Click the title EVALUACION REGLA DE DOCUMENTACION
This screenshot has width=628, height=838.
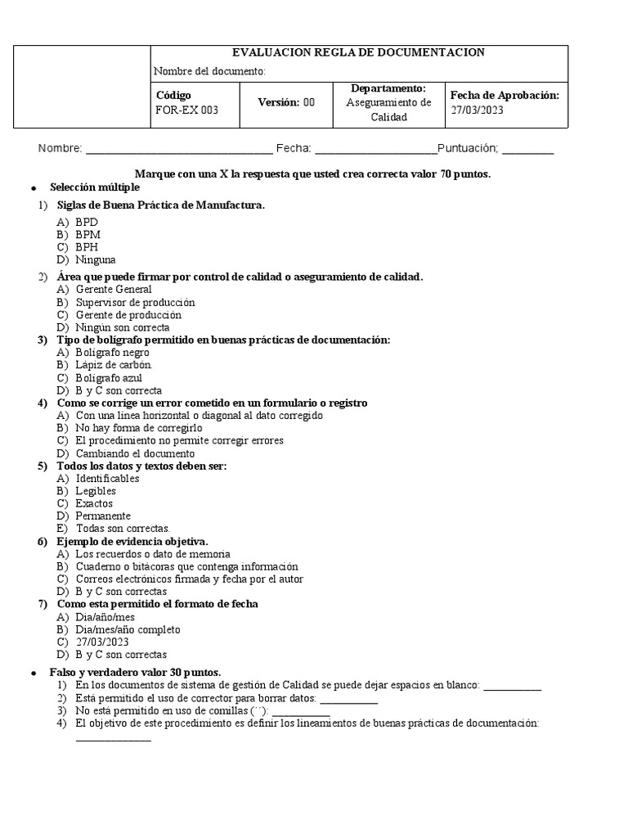coord(359,52)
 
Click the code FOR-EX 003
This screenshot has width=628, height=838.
coord(186,110)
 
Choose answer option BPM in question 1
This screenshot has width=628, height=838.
coord(87,234)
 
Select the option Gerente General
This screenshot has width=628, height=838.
coord(114,289)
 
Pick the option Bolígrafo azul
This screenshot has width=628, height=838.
coord(109,378)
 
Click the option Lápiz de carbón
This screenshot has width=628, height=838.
coord(114,364)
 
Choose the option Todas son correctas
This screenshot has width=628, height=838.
coord(123,529)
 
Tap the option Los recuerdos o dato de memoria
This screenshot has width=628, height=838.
coord(153,554)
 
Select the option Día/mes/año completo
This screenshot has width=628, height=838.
coord(128,629)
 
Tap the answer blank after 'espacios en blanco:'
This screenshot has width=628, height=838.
coord(512,687)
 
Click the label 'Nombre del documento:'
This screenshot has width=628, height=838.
coord(209,71)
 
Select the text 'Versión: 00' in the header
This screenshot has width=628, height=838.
coord(286,102)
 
